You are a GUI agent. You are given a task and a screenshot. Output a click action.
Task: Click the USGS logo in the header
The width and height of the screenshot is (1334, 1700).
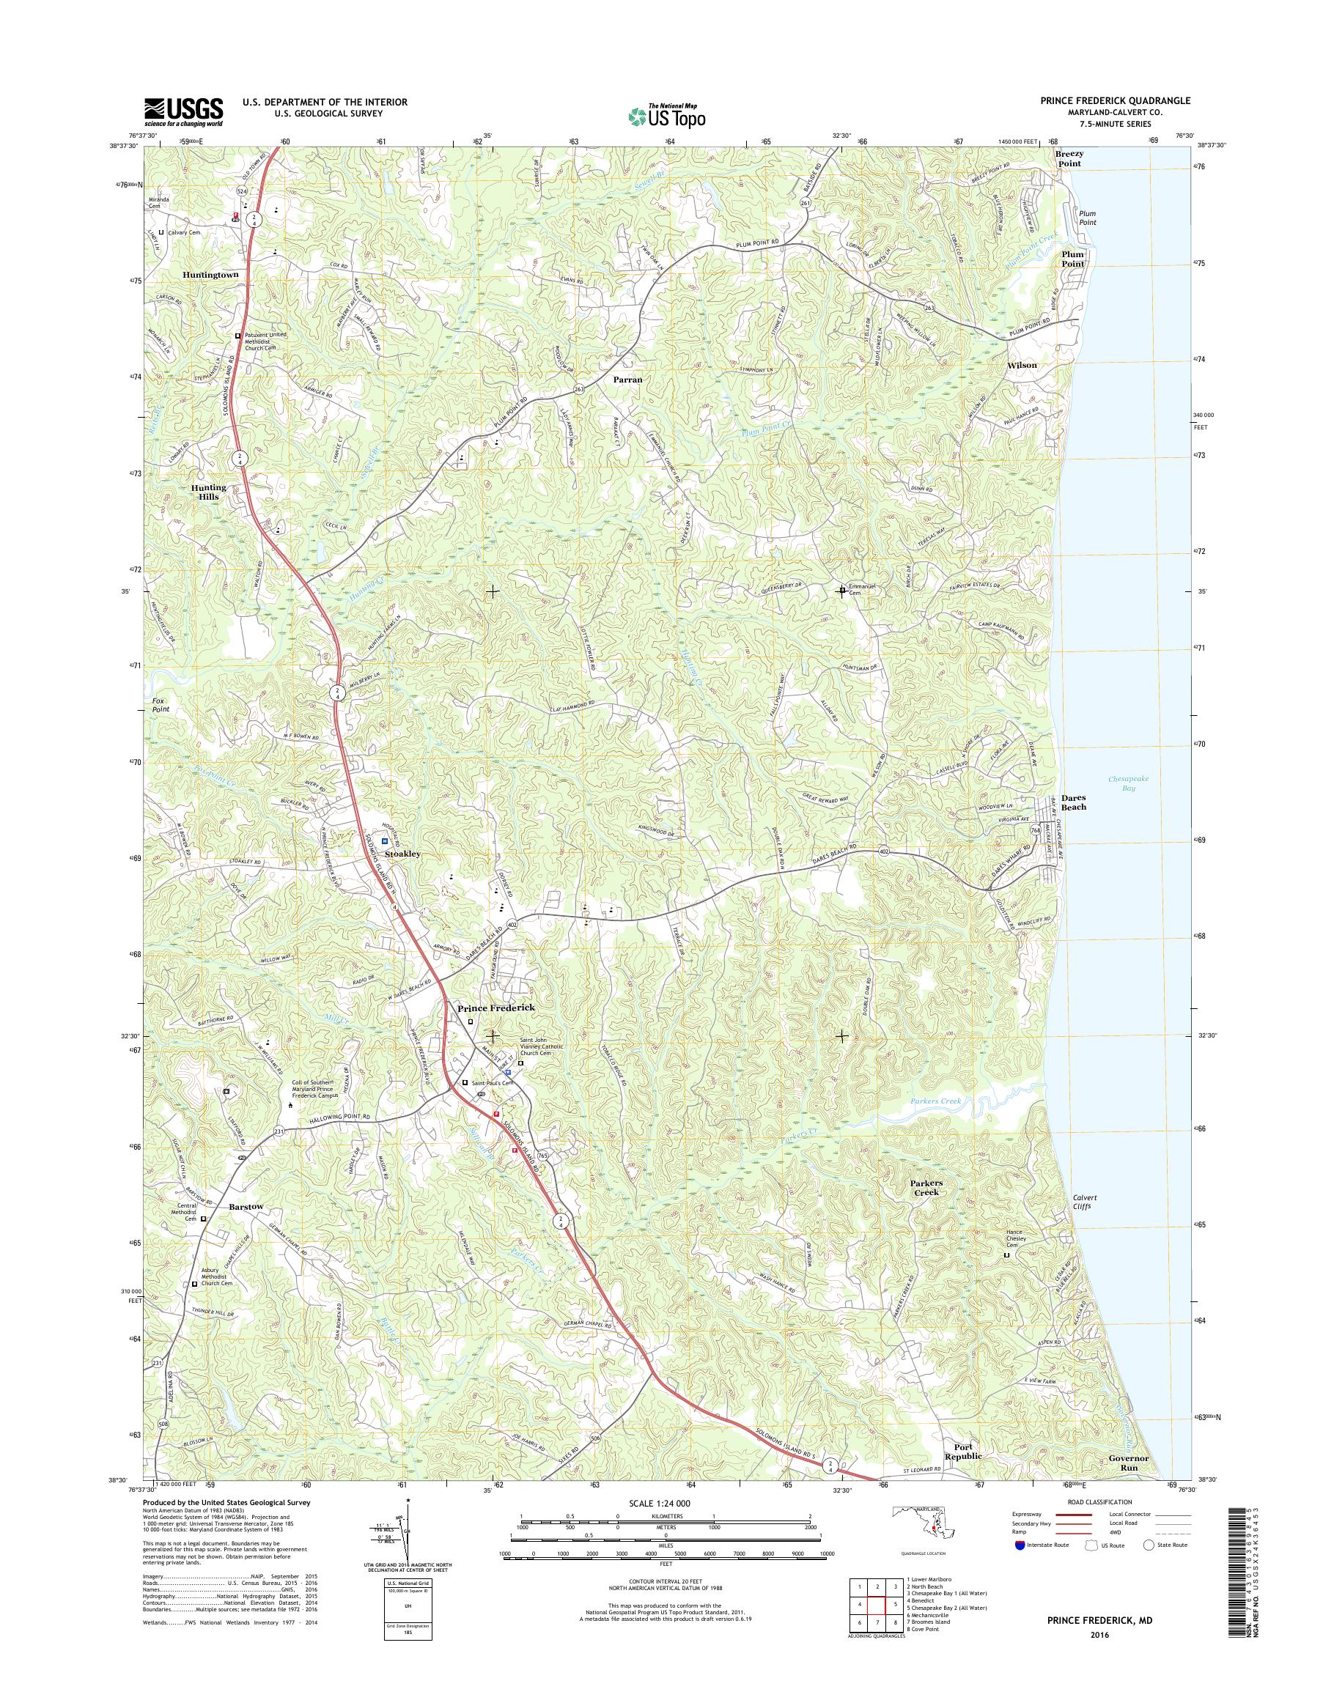click(183, 112)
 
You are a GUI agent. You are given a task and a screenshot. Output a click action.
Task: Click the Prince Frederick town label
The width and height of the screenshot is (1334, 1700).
click(496, 1008)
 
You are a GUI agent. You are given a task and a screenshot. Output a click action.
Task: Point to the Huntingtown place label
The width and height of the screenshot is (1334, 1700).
click(210, 275)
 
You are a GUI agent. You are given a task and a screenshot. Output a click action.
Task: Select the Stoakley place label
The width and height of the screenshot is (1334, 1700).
click(403, 854)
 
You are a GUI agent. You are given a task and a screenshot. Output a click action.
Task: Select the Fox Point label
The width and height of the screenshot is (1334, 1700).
click(160, 704)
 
